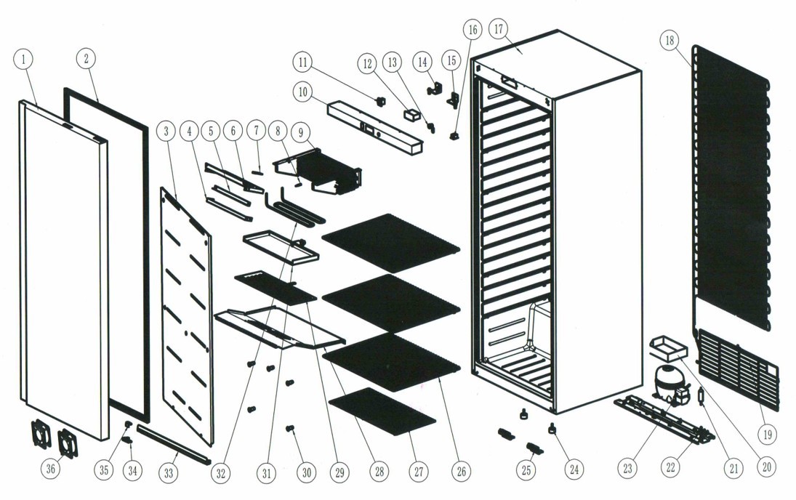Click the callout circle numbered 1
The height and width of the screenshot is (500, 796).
23,60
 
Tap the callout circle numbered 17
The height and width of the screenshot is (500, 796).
498,29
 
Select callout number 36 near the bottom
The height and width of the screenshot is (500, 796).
51,468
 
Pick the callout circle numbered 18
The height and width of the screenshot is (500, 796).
670,41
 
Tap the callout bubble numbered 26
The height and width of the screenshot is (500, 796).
461,472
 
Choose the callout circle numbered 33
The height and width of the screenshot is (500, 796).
169,473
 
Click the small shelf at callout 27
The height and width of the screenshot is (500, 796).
382,411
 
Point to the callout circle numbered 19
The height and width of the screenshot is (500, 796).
767,434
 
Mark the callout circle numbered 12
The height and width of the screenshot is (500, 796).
368,64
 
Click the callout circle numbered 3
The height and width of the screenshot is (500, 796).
166,131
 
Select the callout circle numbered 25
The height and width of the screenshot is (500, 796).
526,469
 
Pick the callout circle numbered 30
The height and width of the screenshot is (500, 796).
306,472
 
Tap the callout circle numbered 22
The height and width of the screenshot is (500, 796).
671,467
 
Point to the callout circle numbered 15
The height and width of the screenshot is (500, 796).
451,60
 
